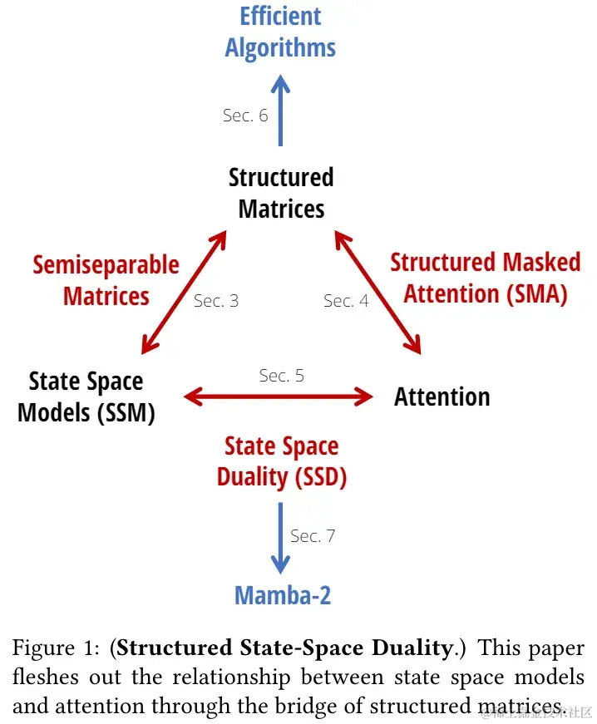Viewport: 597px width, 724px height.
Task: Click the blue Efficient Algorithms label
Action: point(280,32)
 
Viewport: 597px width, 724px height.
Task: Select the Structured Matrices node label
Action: point(280,193)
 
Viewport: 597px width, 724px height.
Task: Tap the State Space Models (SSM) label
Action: point(86,396)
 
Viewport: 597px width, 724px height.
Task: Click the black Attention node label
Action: point(442,396)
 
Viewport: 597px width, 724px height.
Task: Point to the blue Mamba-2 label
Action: point(283,595)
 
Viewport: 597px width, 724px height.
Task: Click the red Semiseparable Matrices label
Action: point(106,280)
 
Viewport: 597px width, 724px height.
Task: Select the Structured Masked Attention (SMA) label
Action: point(485,278)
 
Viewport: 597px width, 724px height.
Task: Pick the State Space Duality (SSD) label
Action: point(282,461)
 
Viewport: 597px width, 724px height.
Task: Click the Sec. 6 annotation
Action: point(245,116)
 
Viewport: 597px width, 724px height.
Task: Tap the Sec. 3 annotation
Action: point(216,301)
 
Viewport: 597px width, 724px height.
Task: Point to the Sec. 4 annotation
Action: point(346,301)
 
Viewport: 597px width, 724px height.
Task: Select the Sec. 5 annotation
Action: point(281,376)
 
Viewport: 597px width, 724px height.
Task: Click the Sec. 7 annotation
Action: point(313,536)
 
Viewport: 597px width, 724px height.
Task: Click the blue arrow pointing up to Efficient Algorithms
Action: point(282,109)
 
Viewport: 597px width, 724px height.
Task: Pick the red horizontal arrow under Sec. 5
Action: point(279,397)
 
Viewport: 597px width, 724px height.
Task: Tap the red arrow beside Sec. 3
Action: point(184,292)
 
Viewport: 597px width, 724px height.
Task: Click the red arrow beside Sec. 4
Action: point(379,292)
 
